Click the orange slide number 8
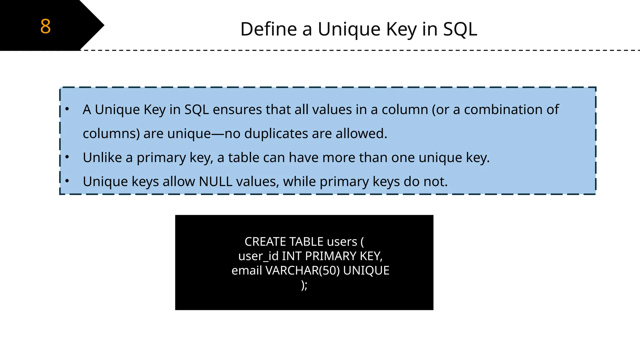tap(45, 26)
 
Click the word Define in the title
tap(268, 29)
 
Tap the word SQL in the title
tap(460, 29)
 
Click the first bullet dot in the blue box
tap(67, 109)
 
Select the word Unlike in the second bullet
tap(102, 157)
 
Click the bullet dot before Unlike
tap(67, 157)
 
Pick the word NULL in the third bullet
tap(215, 182)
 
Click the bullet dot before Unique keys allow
tap(67, 181)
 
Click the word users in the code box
tap(342, 242)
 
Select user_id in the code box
tap(258, 256)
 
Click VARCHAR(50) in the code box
tap(302, 271)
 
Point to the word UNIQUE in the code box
tap(366, 271)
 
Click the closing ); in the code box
tap(304, 285)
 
